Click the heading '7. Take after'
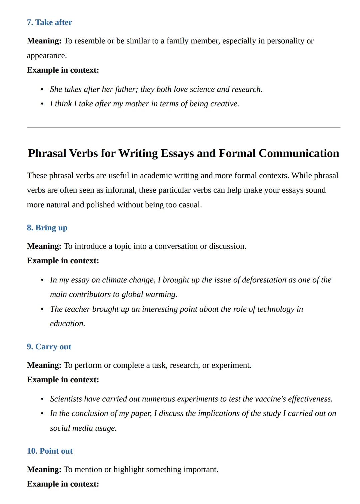point(49,22)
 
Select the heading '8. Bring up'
point(47,228)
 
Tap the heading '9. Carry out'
point(49,347)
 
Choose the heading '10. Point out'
point(50,451)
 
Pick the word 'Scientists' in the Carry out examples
point(66,399)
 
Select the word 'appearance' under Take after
point(46,56)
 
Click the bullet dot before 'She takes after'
point(42,90)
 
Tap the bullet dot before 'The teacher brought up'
point(42,310)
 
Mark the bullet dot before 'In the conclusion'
point(42,414)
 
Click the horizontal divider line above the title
point(183,127)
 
